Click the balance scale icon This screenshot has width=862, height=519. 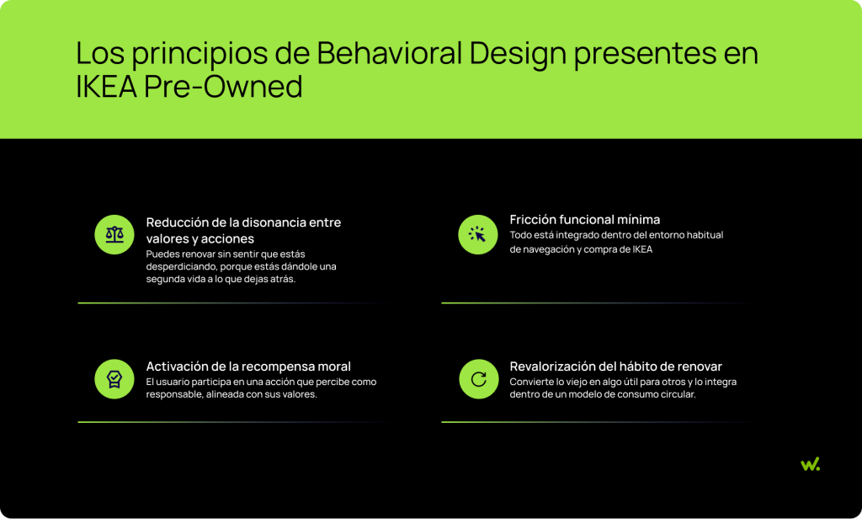pos(114,234)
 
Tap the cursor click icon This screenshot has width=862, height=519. pos(478,234)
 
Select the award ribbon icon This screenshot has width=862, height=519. pos(114,379)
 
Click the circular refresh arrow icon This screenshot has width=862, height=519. pos(478,379)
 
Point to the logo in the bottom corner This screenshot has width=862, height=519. pos(810,464)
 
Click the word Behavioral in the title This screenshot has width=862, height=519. pos(390,53)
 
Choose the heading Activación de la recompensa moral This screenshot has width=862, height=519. pos(248,367)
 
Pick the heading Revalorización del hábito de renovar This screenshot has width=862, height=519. pos(615,367)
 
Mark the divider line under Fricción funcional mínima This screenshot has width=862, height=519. pos(593,302)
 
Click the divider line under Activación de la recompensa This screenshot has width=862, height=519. pos(230,421)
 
